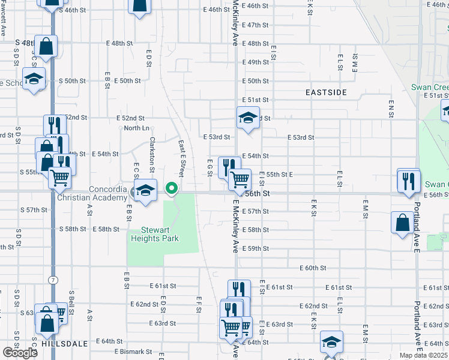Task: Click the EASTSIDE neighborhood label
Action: coord(326,92)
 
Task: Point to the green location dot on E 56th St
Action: coord(172,189)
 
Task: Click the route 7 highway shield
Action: coord(54,280)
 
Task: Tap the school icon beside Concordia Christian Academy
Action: coord(145,191)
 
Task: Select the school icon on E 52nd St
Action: coord(247,118)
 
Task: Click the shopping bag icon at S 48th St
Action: coord(46,45)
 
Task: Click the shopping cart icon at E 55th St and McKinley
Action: coord(240,179)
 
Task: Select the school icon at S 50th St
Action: coord(34,79)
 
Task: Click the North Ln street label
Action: coord(136,128)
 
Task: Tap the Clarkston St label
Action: coord(152,149)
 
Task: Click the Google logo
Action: coord(20,353)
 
